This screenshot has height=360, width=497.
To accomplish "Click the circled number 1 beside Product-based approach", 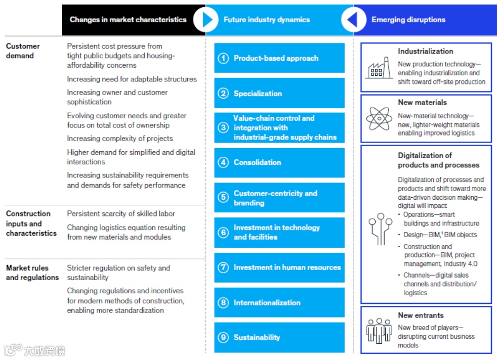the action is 223,58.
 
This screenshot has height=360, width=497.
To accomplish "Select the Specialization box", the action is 279,94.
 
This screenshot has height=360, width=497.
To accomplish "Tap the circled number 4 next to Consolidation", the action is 223,162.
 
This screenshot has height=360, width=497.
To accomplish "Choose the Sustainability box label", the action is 257,337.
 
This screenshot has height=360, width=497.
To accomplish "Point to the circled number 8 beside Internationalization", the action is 223,303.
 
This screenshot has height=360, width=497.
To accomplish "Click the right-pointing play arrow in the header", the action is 206,20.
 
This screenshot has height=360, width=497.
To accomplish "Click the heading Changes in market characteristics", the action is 128,20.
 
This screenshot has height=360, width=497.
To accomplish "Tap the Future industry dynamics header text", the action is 267,20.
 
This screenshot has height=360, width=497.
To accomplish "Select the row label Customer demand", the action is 23,51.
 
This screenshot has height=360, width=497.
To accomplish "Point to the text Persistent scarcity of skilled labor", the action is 121,213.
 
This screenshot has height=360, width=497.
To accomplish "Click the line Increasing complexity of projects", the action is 120,139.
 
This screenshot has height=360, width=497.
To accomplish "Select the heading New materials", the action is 422,102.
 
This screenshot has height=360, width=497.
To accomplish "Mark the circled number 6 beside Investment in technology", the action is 223,233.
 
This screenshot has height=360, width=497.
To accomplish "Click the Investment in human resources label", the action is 287,267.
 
